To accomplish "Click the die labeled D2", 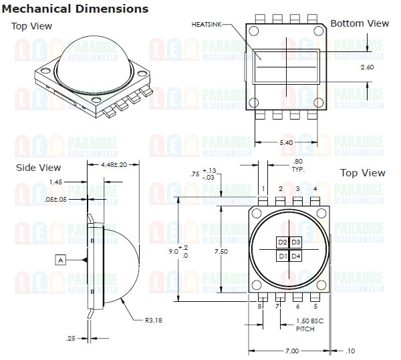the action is (x=282, y=242).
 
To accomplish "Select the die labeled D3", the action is (x=295, y=242).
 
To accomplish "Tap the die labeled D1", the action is (x=282, y=256).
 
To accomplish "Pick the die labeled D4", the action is (x=295, y=256).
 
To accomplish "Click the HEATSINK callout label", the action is (x=207, y=25).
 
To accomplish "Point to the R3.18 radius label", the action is (x=154, y=320).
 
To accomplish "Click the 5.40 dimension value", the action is (x=286, y=142).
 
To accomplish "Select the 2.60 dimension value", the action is (x=367, y=67).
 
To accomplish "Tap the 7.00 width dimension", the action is (x=292, y=351).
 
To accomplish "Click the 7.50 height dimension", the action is (x=221, y=251).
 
